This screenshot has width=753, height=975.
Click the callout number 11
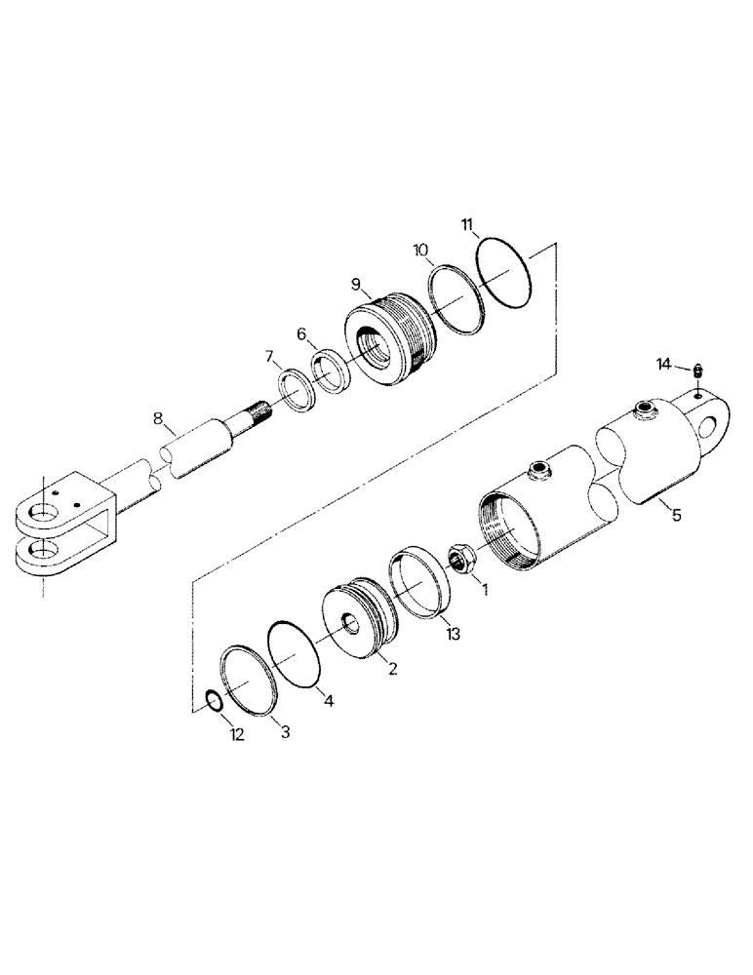469,226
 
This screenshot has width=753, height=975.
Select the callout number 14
664,365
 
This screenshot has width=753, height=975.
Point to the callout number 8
158,421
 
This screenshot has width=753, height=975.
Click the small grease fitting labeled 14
698,370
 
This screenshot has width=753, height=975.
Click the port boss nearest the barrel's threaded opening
537,472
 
